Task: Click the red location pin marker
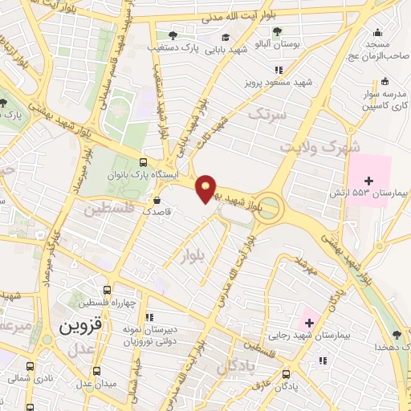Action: (x=207, y=187)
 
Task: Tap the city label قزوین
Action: (x=82, y=328)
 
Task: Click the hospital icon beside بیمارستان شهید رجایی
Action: (x=308, y=322)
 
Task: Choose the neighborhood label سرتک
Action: (x=267, y=115)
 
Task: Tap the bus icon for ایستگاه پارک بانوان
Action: (x=144, y=161)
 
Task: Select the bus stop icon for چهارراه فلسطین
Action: (x=107, y=291)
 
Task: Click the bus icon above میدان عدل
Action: (x=97, y=371)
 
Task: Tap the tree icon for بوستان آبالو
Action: (x=277, y=32)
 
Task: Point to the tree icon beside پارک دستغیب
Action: (x=173, y=35)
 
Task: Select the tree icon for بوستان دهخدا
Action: (x=396, y=334)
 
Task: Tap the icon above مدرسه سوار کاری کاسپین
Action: (x=385, y=80)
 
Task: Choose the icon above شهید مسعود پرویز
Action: (x=279, y=70)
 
